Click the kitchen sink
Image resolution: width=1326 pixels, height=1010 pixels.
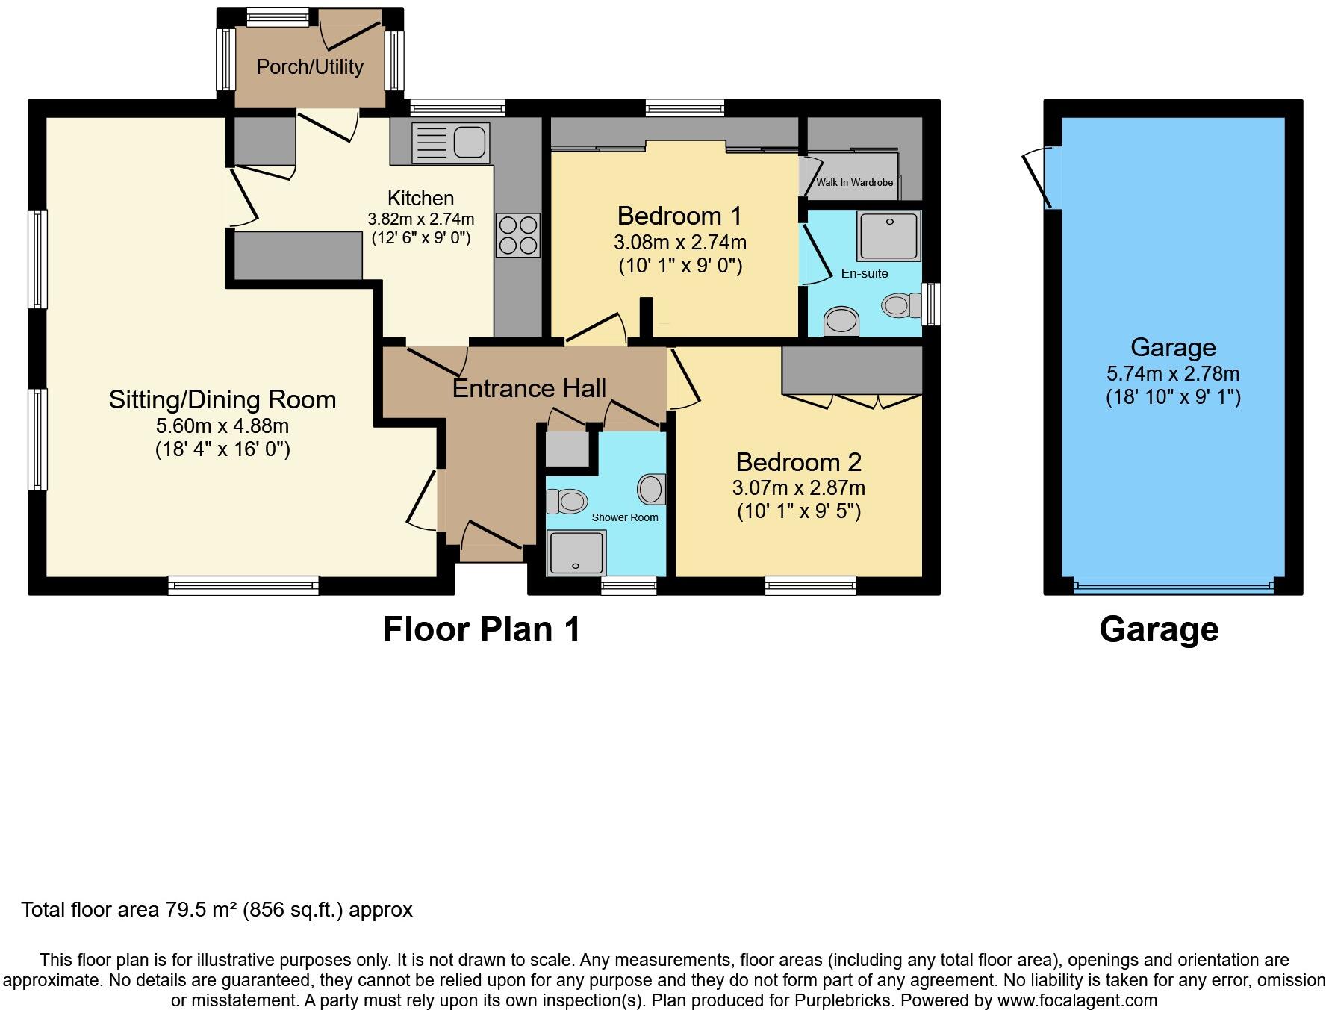(x=450, y=143)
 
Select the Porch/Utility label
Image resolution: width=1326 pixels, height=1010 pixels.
(x=310, y=67)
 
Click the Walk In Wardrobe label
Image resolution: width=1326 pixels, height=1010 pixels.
(x=854, y=182)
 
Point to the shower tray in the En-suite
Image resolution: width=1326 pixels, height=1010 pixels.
(x=888, y=235)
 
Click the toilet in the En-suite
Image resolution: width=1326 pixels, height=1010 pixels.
(x=899, y=305)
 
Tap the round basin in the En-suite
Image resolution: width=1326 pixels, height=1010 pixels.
(x=841, y=322)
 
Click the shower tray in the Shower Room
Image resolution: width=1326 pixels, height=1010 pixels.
(x=576, y=552)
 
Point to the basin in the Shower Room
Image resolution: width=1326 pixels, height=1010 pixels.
(x=651, y=490)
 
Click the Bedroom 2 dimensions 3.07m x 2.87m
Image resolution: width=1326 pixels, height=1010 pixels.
(x=798, y=488)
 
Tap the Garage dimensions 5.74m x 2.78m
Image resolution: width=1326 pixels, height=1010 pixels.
(x=1173, y=373)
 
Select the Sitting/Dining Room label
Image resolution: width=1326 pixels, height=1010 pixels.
(x=222, y=399)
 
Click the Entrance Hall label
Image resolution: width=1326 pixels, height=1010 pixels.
(x=529, y=388)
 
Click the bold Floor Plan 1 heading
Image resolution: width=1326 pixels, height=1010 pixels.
(x=482, y=629)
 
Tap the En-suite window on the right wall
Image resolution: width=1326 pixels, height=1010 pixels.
(x=930, y=304)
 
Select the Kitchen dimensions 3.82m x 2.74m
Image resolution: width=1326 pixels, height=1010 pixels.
(x=420, y=219)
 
